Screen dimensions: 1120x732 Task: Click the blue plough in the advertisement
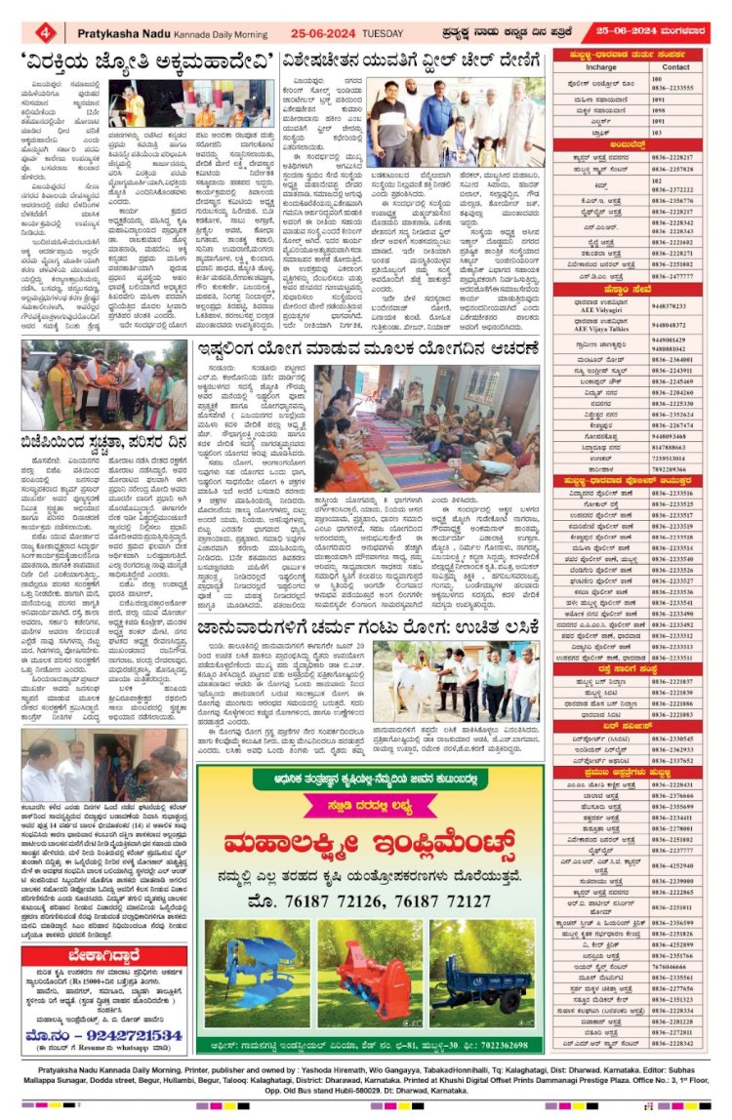tap(250, 959)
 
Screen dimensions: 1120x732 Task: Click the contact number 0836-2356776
tap(674, 201)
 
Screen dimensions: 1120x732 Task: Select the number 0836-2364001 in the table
tap(674, 360)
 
